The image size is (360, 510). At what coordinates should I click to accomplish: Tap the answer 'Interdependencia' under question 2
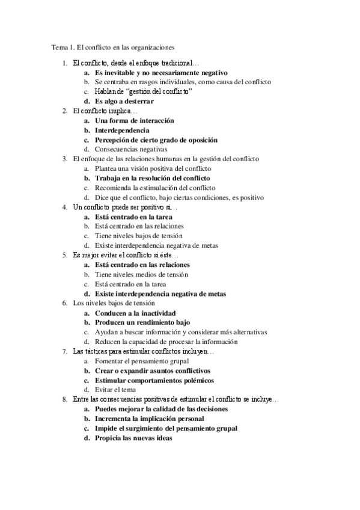(x=122, y=130)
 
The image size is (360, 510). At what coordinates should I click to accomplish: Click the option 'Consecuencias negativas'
(x=131, y=149)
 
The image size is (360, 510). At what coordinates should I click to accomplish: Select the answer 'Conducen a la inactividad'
(x=135, y=313)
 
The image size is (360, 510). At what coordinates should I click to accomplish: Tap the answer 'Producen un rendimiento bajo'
(x=138, y=322)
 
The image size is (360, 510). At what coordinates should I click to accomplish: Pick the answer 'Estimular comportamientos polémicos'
(x=154, y=380)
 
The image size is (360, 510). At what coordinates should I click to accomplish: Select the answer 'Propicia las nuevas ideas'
(x=133, y=438)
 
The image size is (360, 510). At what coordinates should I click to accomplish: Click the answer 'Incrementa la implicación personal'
(x=149, y=419)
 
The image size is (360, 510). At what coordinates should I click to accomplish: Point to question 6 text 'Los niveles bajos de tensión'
(x=114, y=303)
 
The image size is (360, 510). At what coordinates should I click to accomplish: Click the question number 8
(x=64, y=399)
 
